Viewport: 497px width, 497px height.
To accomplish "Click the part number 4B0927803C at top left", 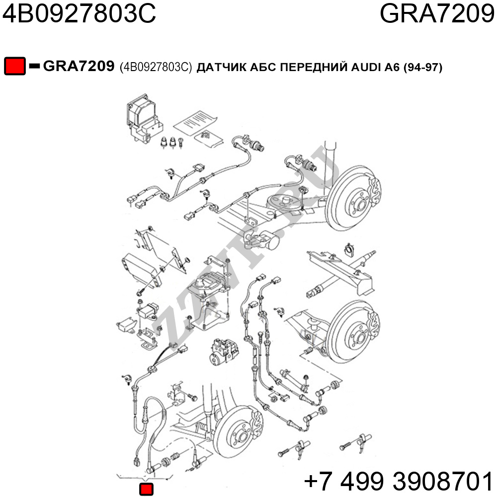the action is click(79, 13).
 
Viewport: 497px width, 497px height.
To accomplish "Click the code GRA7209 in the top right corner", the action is click(437, 13).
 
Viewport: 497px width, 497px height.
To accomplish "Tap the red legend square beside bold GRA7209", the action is click(14, 66).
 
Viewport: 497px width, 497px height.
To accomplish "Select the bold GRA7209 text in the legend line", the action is click(79, 66).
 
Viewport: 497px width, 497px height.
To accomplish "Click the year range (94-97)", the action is click(423, 67).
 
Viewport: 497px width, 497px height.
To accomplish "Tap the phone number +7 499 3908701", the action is click(399, 481).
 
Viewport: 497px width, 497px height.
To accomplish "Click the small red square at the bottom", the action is click(146, 489).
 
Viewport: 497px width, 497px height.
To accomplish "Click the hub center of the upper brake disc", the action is click(361, 205).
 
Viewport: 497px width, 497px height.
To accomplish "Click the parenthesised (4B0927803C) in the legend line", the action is click(156, 67).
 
